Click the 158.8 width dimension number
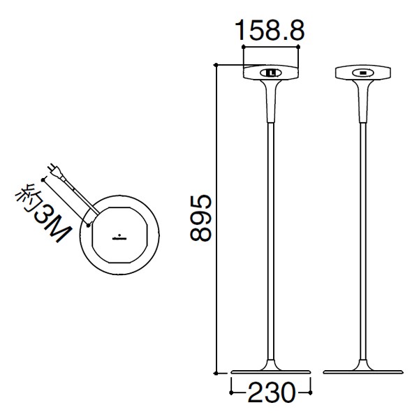coord(270,31)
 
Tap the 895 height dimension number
coord(200,218)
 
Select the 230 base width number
coord(271,392)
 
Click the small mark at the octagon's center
coord(119,237)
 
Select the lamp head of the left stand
coord(270,72)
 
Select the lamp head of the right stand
coord(363,72)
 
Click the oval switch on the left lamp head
coord(270,73)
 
